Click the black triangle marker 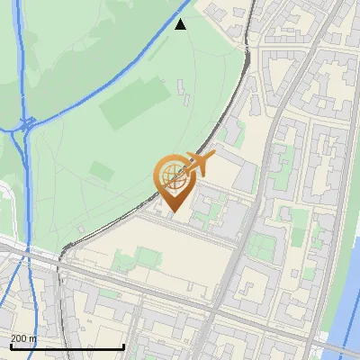point(181,24)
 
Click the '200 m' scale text point(23,338)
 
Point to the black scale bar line point(67,347)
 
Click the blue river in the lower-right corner point(346,297)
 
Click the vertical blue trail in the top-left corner point(20,54)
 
